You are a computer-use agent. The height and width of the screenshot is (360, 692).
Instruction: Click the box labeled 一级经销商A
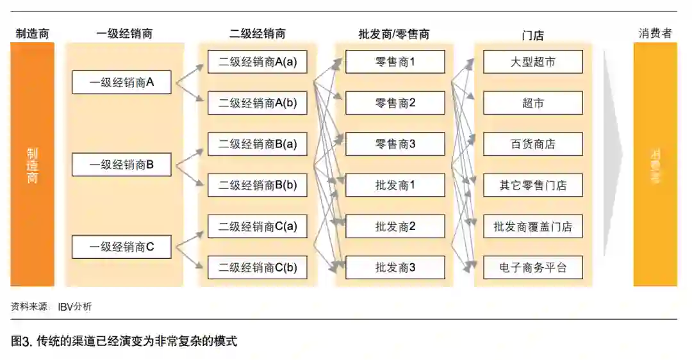click(x=121, y=83)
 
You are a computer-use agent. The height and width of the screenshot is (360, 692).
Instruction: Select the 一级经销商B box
click(x=121, y=165)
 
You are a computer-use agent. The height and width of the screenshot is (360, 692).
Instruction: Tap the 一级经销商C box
click(x=121, y=247)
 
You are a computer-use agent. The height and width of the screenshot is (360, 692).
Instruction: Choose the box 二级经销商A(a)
click(x=257, y=62)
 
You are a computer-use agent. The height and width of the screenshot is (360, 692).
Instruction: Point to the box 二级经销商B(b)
click(x=257, y=185)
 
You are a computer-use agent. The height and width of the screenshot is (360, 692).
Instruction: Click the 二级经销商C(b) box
click(x=257, y=267)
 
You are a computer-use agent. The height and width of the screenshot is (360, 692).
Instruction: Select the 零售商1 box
click(x=395, y=62)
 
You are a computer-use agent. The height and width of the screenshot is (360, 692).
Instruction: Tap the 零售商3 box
click(x=395, y=144)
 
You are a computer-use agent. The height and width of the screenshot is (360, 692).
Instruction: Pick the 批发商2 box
click(x=395, y=226)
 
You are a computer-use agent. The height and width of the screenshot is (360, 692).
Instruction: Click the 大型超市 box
click(x=532, y=62)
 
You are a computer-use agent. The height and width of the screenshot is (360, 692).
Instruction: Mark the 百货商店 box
click(x=532, y=144)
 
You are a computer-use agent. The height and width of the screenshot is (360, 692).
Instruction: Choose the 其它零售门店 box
click(x=532, y=185)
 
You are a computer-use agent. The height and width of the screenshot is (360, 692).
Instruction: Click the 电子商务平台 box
click(x=532, y=267)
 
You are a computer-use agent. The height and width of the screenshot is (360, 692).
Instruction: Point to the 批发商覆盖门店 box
click(x=532, y=226)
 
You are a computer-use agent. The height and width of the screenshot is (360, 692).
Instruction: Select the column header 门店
click(x=532, y=35)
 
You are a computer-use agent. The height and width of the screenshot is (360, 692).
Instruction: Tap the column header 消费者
click(x=655, y=33)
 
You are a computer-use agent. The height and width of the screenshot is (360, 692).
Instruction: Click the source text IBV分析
click(x=74, y=307)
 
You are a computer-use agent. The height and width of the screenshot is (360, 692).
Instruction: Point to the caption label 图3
click(x=21, y=341)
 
